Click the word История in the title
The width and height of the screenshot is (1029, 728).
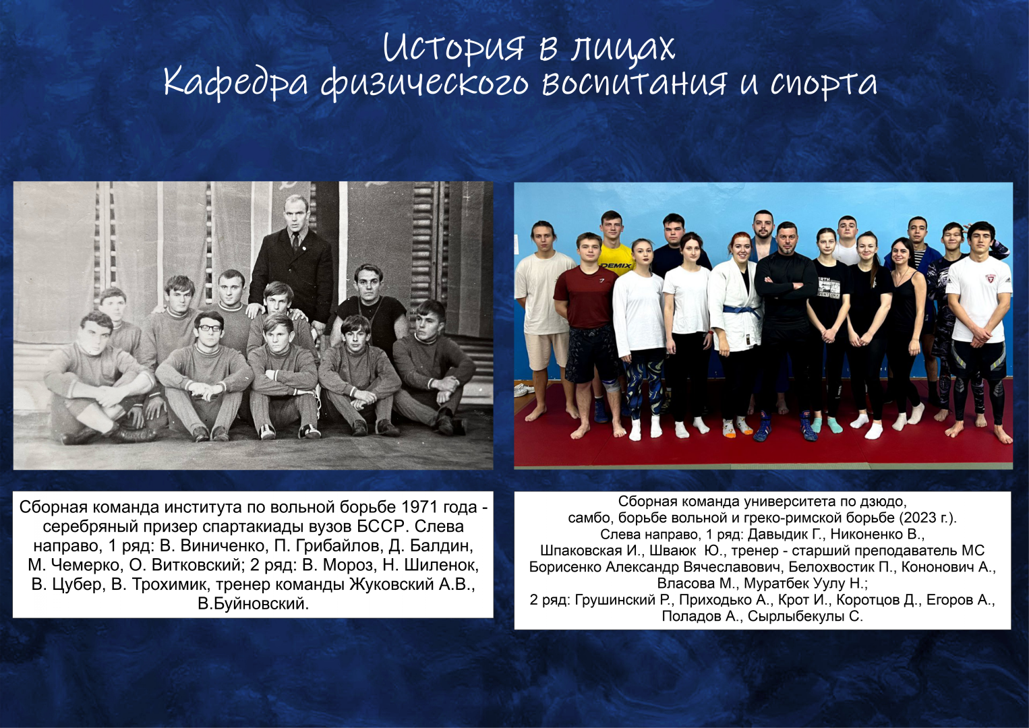pyautogui.click(x=453, y=47)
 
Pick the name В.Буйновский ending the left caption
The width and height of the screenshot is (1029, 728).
pyautogui.click(x=253, y=603)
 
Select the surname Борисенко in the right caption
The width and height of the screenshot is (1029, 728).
pyautogui.click(x=566, y=568)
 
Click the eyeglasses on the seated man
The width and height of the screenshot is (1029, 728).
pyautogui.click(x=210, y=328)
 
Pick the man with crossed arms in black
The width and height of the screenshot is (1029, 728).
pyautogui.click(x=786, y=331)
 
